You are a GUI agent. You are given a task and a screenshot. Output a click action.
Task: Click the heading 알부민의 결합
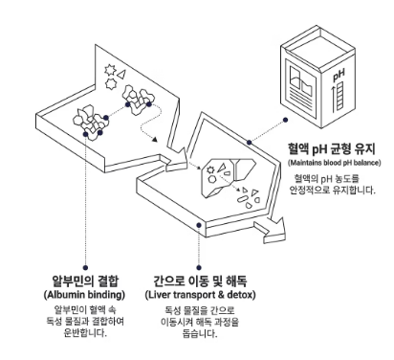(85, 281)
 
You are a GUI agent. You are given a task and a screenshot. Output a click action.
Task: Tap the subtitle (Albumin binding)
(84, 294)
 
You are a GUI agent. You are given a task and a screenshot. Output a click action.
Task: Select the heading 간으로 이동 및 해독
(200, 281)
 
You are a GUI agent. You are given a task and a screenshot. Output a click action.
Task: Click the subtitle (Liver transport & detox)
(200, 294)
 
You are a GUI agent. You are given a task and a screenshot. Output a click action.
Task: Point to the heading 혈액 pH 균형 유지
(332, 148)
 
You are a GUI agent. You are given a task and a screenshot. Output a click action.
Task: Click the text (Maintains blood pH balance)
(335, 163)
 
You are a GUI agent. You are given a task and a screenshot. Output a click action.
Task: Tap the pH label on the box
(339, 76)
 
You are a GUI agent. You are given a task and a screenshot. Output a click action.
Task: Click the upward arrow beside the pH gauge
(334, 99)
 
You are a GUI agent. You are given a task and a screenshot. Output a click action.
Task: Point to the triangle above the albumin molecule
(121, 74)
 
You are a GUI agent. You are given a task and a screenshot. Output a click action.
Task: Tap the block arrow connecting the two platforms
(175, 160)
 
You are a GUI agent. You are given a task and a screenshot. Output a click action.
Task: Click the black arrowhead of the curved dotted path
(155, 140)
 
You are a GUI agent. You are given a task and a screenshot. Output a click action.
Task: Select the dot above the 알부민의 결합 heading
(85, 267)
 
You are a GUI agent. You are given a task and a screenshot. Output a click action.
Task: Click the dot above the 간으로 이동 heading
(199, 267)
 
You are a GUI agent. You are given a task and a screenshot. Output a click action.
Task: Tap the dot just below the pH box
(285, 120)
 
